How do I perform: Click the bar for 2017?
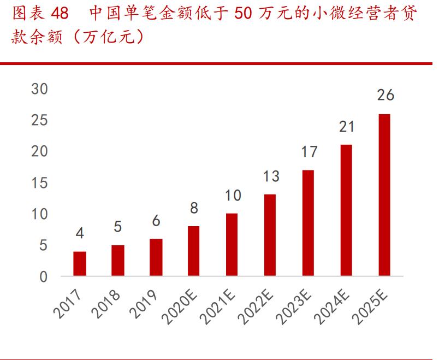coord(80,263)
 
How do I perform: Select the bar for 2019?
coord(156,257)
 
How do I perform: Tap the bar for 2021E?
coord(232,244)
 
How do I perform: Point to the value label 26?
coord(385,95)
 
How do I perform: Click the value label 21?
coord(347,127)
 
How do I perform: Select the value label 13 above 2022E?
coord(270,176)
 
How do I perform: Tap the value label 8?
coord(194,208)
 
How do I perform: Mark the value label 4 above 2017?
coord(80,233)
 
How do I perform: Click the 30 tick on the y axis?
coord(39,88)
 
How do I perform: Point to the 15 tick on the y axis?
coord(39,182)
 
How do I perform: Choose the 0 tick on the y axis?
coord(44,276)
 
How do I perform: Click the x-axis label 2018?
coord(106,304)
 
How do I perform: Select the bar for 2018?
coord(118,261)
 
